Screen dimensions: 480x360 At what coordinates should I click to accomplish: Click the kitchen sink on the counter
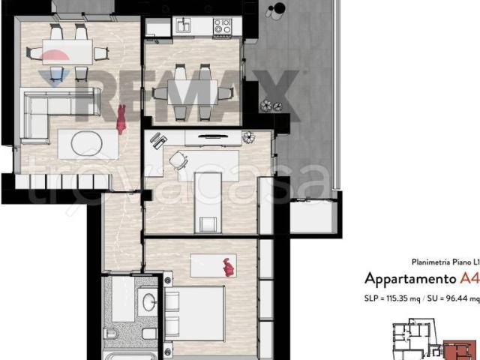183,25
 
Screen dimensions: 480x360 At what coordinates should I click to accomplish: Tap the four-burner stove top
223,25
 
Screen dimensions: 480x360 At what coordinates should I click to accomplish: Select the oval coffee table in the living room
87,143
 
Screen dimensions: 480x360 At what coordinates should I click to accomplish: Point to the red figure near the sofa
121,119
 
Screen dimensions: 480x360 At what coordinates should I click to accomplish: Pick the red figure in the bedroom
228,267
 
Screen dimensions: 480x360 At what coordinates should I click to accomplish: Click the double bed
194,313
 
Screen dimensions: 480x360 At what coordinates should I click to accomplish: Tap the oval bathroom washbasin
149,301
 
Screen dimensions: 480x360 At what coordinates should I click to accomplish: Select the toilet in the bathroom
110,333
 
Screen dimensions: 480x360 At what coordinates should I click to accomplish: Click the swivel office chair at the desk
178,160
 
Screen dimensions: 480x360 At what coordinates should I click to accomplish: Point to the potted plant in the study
248,137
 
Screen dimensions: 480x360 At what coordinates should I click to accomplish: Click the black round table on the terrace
280,8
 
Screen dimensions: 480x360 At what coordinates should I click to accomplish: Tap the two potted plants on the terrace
271,106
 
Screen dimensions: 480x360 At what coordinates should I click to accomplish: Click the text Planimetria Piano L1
445,262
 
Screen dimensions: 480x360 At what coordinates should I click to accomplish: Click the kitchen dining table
193,92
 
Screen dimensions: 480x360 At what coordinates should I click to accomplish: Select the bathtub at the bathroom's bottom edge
128,355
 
